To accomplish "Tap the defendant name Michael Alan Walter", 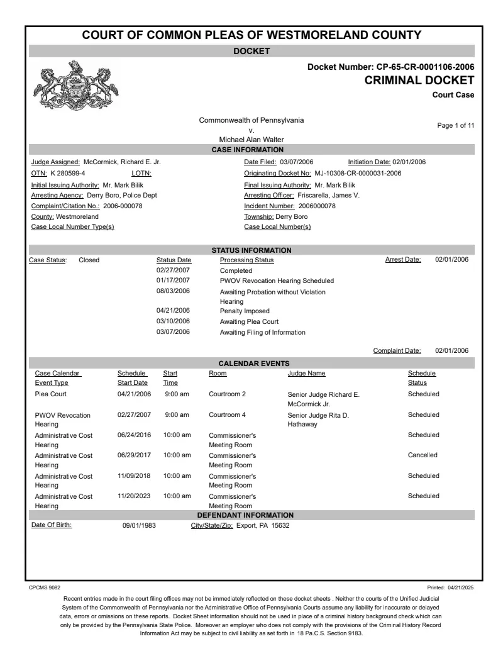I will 251,140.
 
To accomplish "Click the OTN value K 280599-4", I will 68,173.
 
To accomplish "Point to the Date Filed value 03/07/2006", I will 296,162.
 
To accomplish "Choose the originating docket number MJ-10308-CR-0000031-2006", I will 358,173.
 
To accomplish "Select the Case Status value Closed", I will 89,260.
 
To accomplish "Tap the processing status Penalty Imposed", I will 245,311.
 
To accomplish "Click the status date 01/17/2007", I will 173,281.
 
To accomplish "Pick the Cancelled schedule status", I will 423,455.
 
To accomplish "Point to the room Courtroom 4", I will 227,415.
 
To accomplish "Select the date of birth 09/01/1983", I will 139,526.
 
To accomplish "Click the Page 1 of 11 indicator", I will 456,126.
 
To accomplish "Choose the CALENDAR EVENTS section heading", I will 253,364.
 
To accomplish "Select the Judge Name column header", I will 306,374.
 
